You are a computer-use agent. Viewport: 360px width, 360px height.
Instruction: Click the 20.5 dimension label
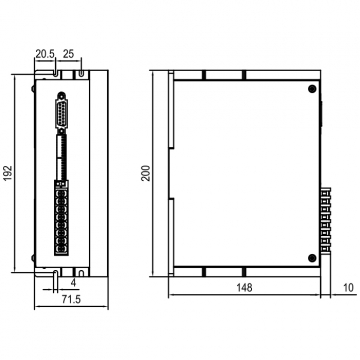pos(45,54)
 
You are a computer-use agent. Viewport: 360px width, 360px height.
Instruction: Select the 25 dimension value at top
pos(68,54)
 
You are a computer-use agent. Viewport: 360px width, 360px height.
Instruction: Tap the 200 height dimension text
pos(145,173)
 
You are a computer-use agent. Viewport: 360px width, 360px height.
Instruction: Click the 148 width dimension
pos(244,287)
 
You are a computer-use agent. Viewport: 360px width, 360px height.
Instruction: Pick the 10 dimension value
pos(348,287)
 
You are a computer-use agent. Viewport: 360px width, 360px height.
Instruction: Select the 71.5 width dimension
pos(71,299)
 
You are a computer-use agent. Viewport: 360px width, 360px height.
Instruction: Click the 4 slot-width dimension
pos(74,283)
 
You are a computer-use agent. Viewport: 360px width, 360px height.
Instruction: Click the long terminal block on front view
pos(61,218)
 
